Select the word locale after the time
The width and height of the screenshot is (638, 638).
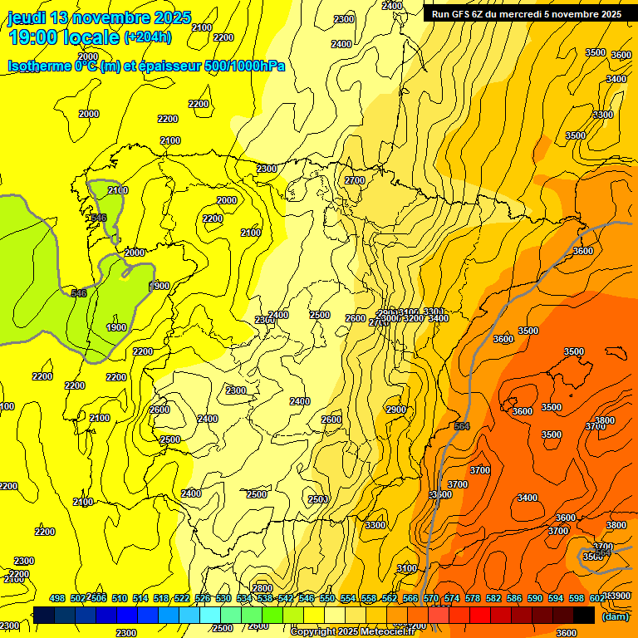coord(91,37)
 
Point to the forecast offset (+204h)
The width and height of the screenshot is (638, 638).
coord(148,37)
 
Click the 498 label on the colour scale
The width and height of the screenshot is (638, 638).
coord(57,598)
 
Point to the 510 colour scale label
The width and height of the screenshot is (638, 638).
coord(120,598)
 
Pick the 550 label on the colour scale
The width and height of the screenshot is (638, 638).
coord(327,598)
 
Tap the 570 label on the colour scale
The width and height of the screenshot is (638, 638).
coord(431,598)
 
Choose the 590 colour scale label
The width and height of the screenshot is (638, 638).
coord(535,598)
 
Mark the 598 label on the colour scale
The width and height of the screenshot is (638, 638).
coord(577,598)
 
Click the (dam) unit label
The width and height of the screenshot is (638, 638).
coord(615,616)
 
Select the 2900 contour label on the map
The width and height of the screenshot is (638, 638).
coord(396,410)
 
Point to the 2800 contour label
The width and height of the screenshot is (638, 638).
coord(263,588)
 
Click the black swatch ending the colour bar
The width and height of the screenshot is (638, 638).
coord(584,616)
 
